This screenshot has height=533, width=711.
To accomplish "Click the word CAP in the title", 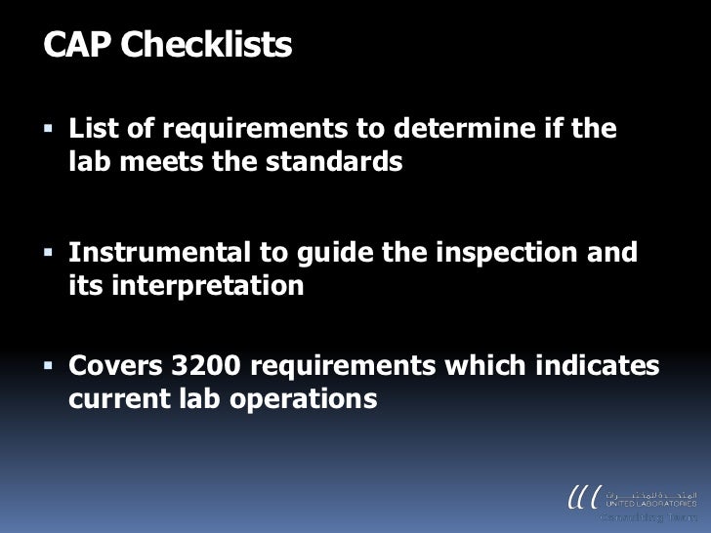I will (x=76, y=45).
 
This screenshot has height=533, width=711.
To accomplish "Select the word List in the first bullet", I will (x=96, y=128).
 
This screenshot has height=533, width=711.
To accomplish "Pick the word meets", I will (x=160, y=162).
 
